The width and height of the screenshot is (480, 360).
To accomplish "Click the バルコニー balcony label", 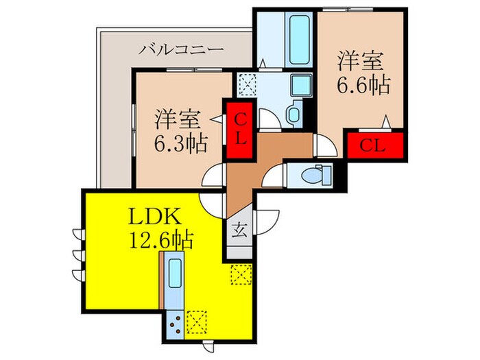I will click(x=181, y=50).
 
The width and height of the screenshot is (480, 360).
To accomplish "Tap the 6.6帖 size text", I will click(x=363, y=85).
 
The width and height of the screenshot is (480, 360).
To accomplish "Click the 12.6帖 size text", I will click(x=160, y=241).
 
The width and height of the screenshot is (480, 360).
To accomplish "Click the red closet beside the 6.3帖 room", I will click(x=241, y=129).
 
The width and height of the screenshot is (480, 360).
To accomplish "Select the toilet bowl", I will click(x=316, y=176).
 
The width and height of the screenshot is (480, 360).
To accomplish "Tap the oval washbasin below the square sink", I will click(x=293, y=112).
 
